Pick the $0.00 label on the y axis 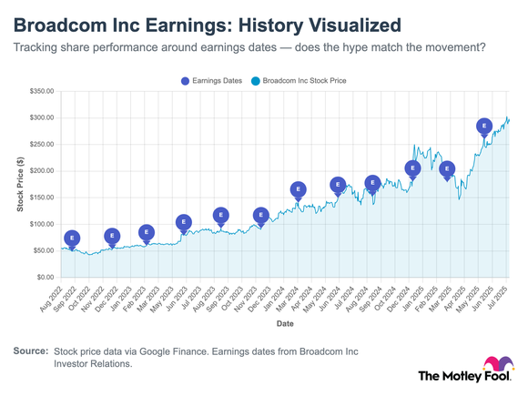click(x=45, y=277)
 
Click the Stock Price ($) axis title click(x=20, y=184)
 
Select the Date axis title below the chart click(x=285, y=323)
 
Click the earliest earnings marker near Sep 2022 click(x=72, y=239)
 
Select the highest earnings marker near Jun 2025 click(x=484, y=127)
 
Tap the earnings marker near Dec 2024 click(x=412, y=168)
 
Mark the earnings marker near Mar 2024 click(x=299, y=190)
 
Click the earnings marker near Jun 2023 click(x=184, y=222)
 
